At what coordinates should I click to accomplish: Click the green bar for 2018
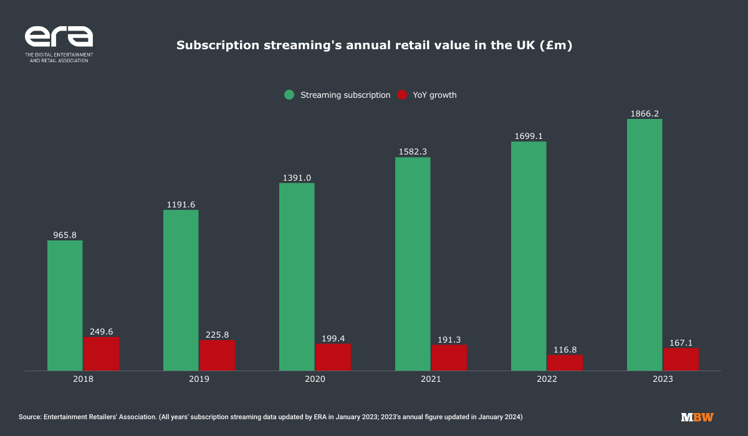click(x=65, y=305)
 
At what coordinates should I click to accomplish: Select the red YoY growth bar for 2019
click(x=217, y=355)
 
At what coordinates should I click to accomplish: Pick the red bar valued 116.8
click(x=565, y=363)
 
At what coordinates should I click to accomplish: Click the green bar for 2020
click(x=297, y=277)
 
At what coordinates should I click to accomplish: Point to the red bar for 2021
click(x=449, y=358)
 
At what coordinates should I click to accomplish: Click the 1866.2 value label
click(x=645, y=113)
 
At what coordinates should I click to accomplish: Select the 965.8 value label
click(x=65, y=235)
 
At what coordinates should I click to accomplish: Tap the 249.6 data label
click(x=101, y=331)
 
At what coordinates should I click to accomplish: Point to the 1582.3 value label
click(x=413, y=151)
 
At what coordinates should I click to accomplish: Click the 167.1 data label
click(x=681, y=343)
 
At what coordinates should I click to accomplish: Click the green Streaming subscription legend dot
click(x=289, y=95)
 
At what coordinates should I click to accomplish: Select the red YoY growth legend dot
click(x=402, y=95)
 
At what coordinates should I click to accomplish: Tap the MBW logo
click(x=697, y=417)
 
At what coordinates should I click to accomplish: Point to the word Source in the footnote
click(x=31, y=416)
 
